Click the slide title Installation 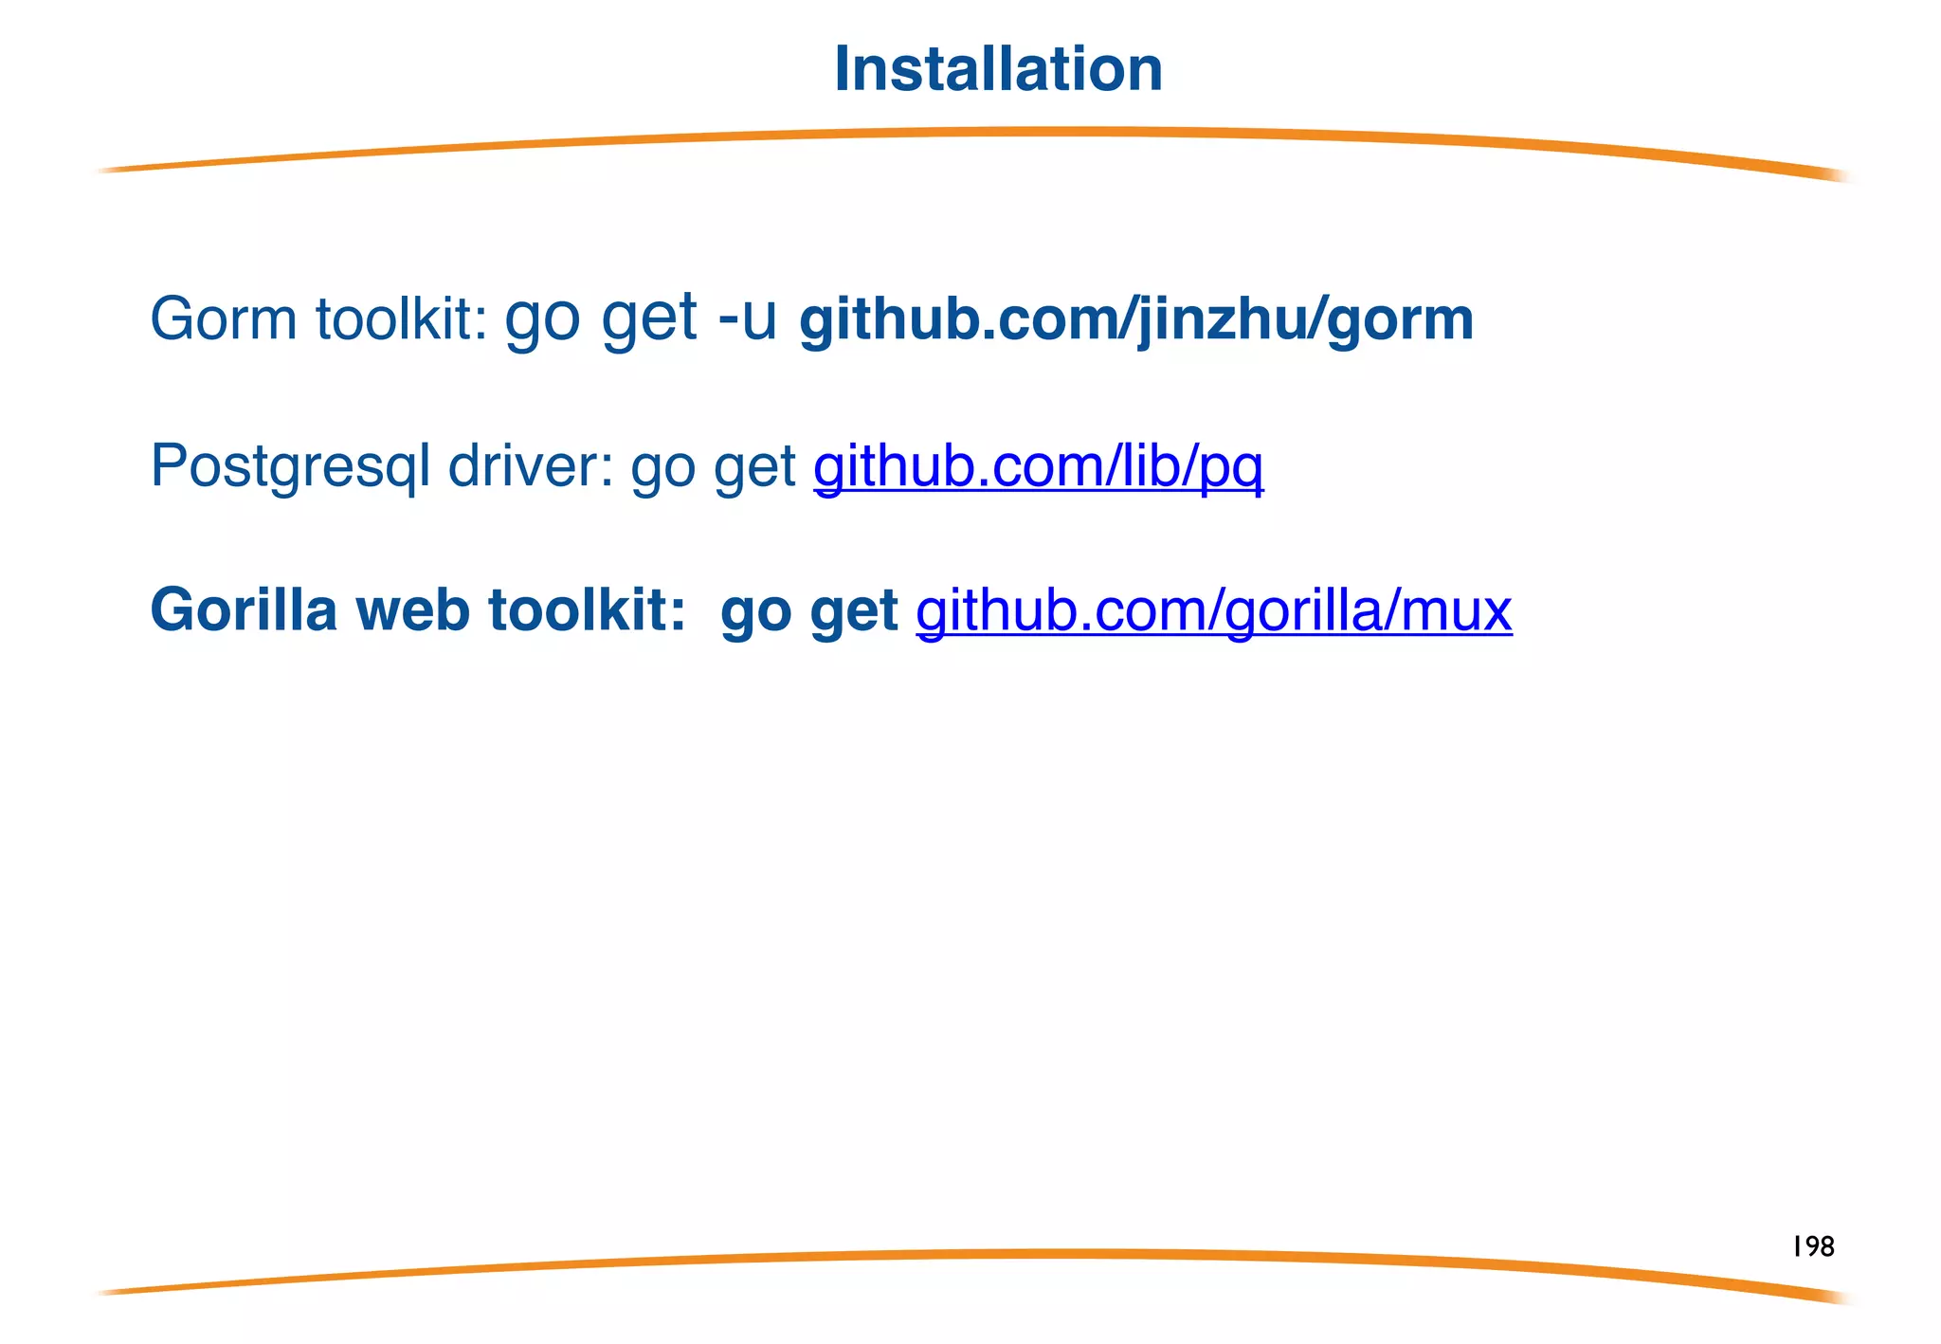pyautogui.click(x=998, y=69)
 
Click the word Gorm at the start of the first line pyautogui.click(x=224, y=318)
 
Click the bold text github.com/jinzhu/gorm pyautogui.click(x=1136, y=319)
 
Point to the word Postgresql pyautogui.click(x=290, y=466)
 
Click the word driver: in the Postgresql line pyautogui.click(x=531, y=466)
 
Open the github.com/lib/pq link pyautogui.click(x=1038, y=466)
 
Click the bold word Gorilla pyautogui.click(x=244, y=609)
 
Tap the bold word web pyautogui.click(x=412, y=609)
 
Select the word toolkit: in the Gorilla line pyautogui.click(x=587, y=609)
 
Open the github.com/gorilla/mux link pyautogui.click(x=1213, y=610)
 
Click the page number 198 pyautogui.click(x=1813, y=1246)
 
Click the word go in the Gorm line pyautogui.click(x=542, y=318)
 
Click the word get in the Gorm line pyautogui.click(x=649, y=318)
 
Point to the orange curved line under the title pyautogui.click(x=970, y=134)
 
